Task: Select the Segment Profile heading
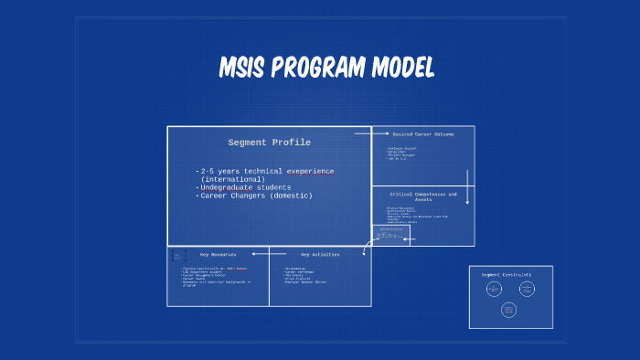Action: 269,143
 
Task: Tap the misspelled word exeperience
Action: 310,171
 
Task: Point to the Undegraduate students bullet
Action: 245,187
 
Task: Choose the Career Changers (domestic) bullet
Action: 256,196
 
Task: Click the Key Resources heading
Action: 218,254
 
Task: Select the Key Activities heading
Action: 320,254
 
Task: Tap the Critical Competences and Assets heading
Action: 422,196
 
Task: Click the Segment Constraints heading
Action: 506,274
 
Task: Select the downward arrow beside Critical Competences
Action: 467,186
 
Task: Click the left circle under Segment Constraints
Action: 494,289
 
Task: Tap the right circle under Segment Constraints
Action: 527,289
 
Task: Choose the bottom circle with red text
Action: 509,310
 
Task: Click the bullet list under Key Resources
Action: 216,277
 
